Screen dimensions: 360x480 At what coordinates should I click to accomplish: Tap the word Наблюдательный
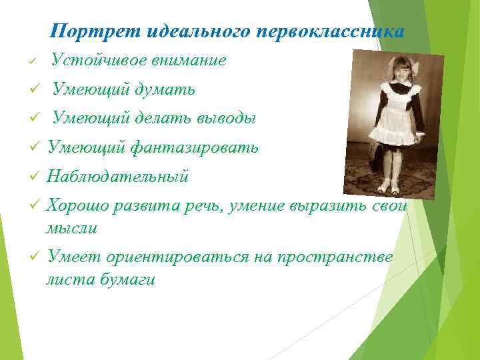[118, 177]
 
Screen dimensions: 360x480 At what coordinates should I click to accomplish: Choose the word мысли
[71, 229]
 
